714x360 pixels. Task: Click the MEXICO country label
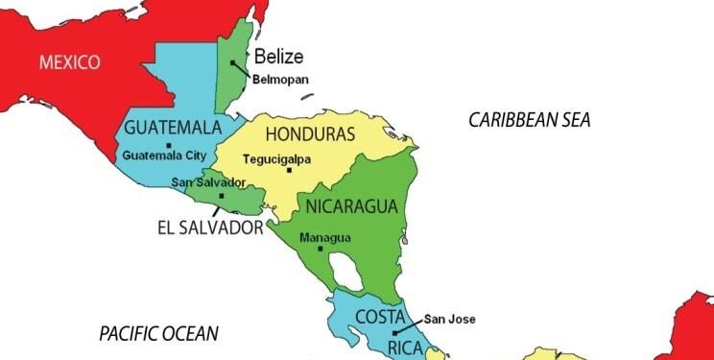(70, 63)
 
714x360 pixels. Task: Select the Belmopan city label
(280, 80)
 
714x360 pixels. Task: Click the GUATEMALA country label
(173, 128)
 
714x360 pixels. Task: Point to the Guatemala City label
(165, 156)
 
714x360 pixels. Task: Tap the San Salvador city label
(208, 182)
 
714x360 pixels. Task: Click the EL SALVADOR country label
(209, 228)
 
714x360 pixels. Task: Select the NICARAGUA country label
(352, 205)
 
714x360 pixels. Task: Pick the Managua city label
(325, 237)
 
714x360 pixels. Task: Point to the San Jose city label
(450, 320)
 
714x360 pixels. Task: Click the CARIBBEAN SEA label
(529, 120)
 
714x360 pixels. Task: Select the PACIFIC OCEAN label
(159, 334)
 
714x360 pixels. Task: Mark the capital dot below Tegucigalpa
(289, 171)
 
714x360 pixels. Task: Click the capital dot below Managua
(321, 249)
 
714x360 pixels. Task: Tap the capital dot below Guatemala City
(169, 145)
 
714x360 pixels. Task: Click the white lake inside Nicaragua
(354, 279)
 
